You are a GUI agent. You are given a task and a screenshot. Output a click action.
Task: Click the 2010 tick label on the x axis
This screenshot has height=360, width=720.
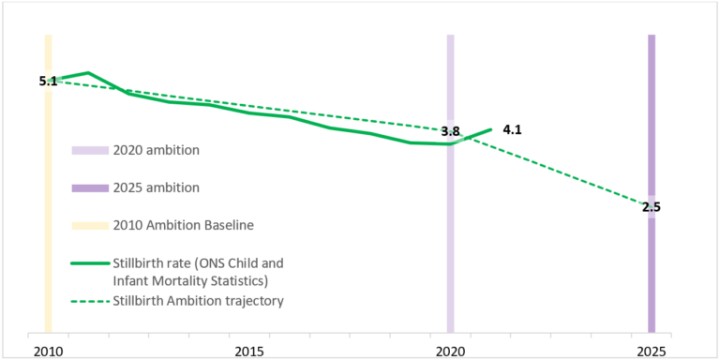point(47,351)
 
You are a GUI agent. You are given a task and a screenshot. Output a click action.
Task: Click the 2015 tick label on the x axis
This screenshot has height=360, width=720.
point(248,351)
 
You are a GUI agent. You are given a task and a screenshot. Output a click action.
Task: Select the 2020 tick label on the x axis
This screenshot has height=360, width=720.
point(450,351)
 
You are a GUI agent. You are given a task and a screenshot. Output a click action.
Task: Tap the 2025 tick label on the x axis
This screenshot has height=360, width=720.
point(652,351)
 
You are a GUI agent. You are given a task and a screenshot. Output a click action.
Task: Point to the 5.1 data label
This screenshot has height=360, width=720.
point(48,82)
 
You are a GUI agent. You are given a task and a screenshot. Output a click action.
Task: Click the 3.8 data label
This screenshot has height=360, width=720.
point(450,132)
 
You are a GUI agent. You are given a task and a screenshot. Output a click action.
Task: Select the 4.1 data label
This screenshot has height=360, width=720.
point(512,129)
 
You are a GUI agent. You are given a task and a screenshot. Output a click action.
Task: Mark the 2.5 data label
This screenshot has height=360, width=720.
point(652,207)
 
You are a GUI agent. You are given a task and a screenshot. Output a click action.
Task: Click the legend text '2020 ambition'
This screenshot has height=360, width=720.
point(156,150)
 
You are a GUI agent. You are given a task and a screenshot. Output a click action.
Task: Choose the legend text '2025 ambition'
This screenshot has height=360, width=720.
point(156,187)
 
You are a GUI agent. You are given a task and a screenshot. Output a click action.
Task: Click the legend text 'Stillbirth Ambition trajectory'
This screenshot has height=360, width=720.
point(198,300)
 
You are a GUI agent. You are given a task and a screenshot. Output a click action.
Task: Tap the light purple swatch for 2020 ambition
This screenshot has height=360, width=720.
point(90,150)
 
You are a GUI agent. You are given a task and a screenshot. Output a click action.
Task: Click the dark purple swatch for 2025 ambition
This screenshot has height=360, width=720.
point(90,187)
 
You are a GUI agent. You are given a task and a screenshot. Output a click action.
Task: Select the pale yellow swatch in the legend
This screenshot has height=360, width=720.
point(90,225)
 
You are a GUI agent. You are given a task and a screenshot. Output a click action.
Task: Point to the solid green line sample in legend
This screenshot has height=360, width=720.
point(90,263)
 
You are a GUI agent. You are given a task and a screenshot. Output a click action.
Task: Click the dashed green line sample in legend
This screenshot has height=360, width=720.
point(90,300)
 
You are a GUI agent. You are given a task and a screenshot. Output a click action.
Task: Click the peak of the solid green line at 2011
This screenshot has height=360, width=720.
point(87,72)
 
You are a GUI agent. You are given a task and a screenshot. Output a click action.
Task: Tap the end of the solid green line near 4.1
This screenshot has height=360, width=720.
point(490,129)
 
